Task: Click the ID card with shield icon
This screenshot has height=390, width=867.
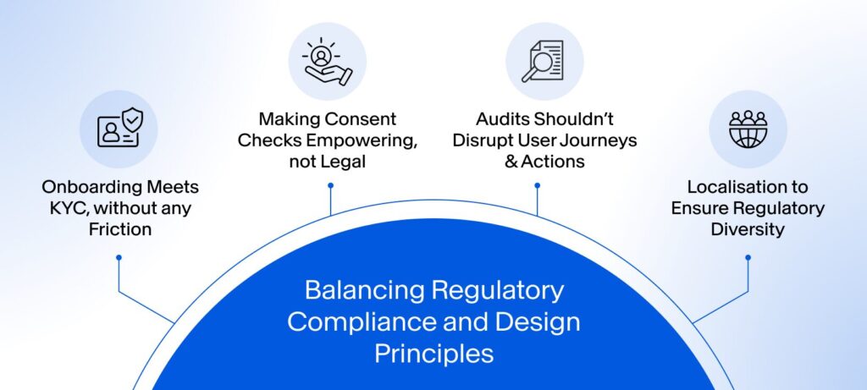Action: (119, 129)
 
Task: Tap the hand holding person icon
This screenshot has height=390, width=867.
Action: (327, 61)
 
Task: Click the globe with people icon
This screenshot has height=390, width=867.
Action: (748, 129)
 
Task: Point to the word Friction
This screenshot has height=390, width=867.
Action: (119, 228)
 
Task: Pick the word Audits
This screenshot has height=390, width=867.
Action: (501, 119)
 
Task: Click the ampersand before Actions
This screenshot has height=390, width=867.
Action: (511, 162)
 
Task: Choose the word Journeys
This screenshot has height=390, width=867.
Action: (600, 140)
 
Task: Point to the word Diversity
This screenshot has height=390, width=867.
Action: (748, 228)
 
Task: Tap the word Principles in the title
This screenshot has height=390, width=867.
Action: (433, 353)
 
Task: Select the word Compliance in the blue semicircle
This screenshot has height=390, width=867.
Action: (345, 321)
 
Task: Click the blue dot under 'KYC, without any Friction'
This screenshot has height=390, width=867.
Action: (119, 257)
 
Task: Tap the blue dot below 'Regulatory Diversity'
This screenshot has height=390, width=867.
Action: (748, 257)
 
